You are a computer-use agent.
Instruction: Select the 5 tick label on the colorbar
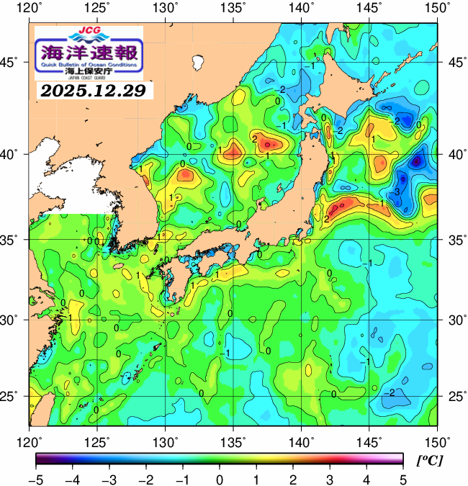point(403,478)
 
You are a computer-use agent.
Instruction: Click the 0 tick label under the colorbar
point(219,478)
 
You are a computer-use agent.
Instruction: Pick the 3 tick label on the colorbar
point(329,478)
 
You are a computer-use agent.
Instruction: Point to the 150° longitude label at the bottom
point(437,441)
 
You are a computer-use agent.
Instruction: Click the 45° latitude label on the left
point(13,63)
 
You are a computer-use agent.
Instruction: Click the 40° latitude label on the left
point(13,155)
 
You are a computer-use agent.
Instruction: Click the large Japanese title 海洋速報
point(89,53)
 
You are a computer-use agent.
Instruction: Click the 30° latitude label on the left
point(13,319)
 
